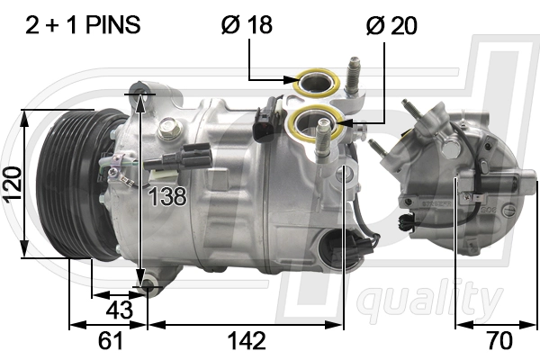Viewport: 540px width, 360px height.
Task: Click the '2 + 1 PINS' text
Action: tap(83, 25)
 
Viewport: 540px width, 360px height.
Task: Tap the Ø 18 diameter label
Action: tap(247, 24)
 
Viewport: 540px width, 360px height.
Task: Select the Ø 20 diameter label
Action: tap(391, 25)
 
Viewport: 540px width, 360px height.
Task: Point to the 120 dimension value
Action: tap(12, 184)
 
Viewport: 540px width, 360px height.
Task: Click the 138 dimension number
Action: tap(167, 197)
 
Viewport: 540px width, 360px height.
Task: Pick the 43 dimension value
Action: tap(119, 310)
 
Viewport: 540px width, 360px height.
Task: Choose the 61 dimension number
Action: tap(110, 341)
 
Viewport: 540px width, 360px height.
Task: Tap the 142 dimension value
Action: tap(247, 341)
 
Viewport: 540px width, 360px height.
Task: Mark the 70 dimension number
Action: tap(499, 341)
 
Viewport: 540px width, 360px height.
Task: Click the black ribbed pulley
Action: tap(77, 184)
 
